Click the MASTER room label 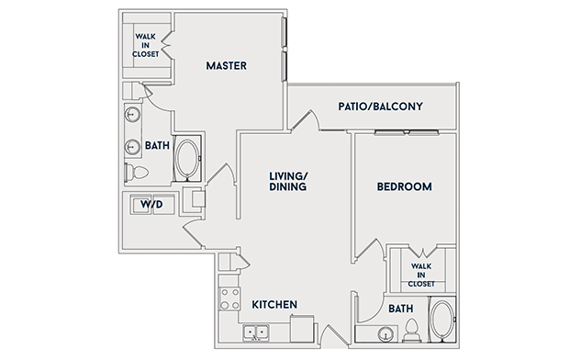(226, 65)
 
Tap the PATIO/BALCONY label (380, 107)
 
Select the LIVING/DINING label (288, 181)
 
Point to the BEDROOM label (404, 186)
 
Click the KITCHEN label (274, 304)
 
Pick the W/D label (151, 204)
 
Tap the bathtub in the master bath (186, 159)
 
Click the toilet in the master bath (137, 172)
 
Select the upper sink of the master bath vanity (132, 114)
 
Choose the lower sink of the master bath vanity (132, 147)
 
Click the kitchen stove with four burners (229, 298)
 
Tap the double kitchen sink (256, 332)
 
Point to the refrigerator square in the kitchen (302, 329)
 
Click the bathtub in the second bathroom (442, 319)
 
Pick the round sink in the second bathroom (385, 333)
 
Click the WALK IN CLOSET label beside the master (145, 45)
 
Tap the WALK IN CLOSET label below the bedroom (421, 276)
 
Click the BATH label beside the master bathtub (157, 145)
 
